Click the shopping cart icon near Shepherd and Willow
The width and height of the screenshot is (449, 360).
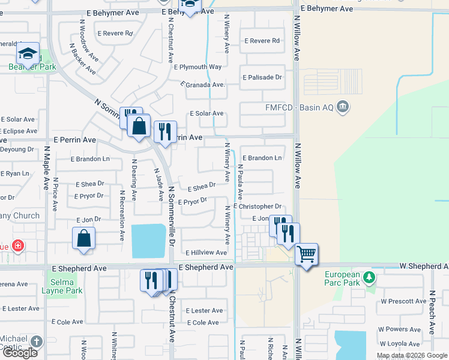pyautogui.click(x=306, y=254)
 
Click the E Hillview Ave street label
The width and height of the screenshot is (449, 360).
pyautogui.click(x=206, y=253)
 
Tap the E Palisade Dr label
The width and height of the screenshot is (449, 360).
pyautogui.click(x=262, y=77)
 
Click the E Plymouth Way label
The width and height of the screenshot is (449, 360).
pyautogui.click(x=197, y=67)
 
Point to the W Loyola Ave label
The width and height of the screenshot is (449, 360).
pyautogui.click(x=399, y=344)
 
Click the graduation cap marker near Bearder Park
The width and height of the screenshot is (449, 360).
pyautogui.click(x=28, y=53)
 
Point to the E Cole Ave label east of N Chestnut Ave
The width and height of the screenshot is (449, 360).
pyautogui.click(x=203, y=323)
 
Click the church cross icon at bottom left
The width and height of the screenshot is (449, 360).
pyautogui.click(x=37, y=341)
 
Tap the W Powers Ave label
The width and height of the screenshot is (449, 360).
pyautogui.click(x=399, y=329)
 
